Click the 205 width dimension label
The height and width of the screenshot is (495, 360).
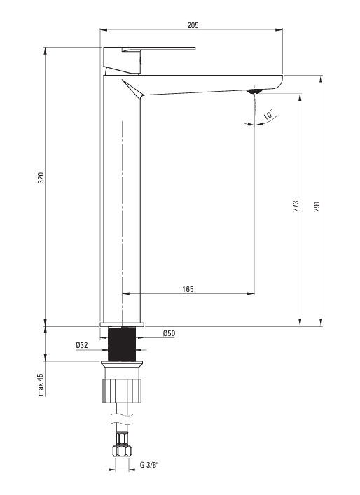click(193, 25)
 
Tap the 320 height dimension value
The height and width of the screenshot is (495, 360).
click(41, 178)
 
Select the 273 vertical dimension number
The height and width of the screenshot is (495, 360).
click(296, 206)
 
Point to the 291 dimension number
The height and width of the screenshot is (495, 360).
click(317, 206)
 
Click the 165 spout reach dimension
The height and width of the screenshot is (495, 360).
click(188, 289)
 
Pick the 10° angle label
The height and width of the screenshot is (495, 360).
click(268, 114)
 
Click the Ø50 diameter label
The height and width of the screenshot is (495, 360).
click(169, 333)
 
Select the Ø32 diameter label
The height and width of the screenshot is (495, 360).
click(82, 345)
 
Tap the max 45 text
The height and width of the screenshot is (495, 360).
click(41, 384)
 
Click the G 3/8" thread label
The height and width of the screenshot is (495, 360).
click(149, 465)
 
